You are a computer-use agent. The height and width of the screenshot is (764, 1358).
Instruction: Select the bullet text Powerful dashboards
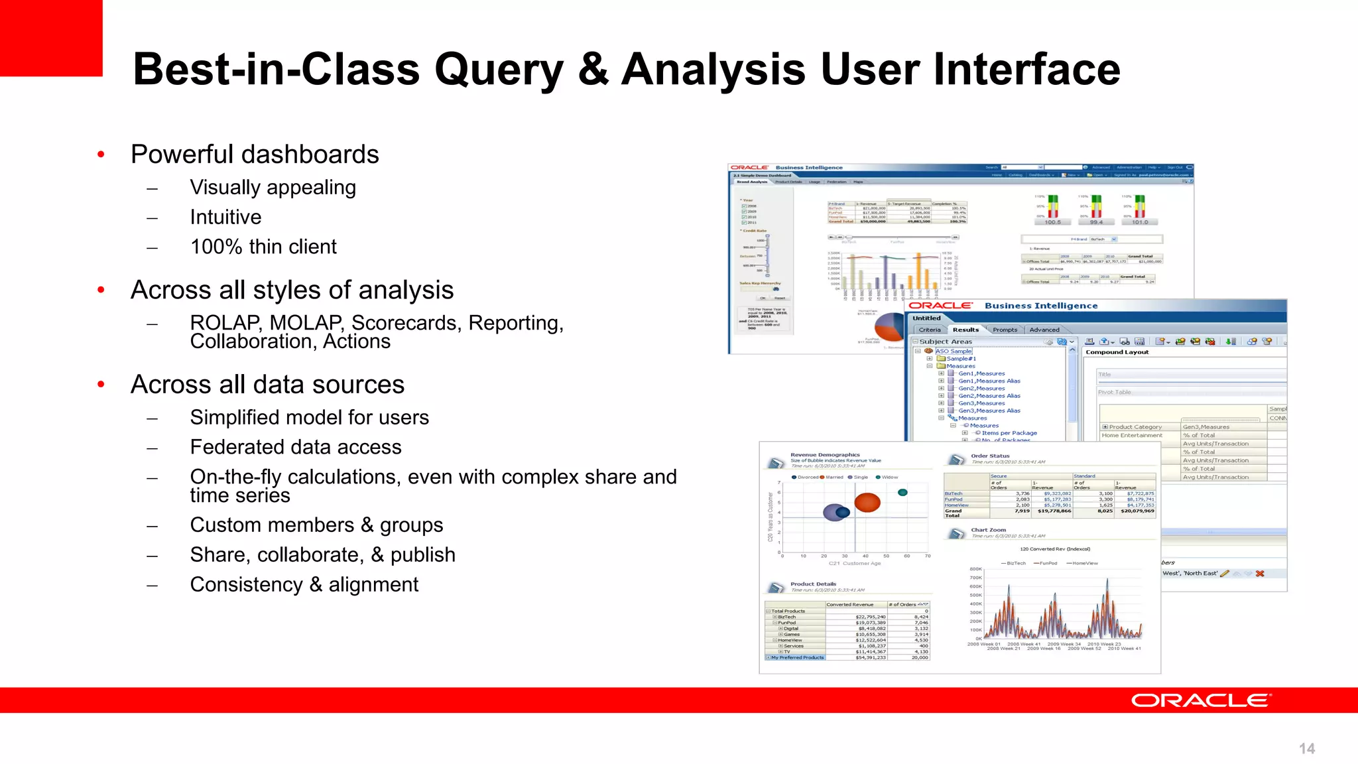pyautogui.click(x=255, y=155)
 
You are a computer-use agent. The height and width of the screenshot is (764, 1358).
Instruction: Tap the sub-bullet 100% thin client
pyautogui.click(x=263, y=247)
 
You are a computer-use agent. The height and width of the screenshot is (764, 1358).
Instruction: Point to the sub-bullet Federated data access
pyautogui.click(x=296, y=447)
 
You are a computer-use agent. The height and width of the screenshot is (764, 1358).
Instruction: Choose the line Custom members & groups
pyautogui.click(x=316, y=525)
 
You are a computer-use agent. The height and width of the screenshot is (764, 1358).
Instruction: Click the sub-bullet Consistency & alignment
pyautogui.click(x=304, y=584)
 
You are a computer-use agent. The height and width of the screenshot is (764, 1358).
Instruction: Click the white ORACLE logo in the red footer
pyautogui.click(x=1200, y=700)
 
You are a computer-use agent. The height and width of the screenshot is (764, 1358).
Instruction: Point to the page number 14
pyautogui.click(x=1306, y=749)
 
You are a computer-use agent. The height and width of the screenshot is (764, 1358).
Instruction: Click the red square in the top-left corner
pyautogui.click(x=50, y=37)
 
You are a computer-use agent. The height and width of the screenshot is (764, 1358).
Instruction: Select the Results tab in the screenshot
pyautogui.click(x=965, y=330)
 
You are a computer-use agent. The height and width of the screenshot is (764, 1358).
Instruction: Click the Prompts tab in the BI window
pyautogui.click(x=1005, y=330)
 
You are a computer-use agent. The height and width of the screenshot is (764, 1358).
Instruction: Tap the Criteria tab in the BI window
pyautogui.click(x=930, y=330)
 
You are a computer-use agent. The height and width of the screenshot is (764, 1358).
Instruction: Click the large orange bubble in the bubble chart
pyautogui.click(x=867, y=503)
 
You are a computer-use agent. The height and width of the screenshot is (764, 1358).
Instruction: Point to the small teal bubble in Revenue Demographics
pyautogui.click(x=902, y=492)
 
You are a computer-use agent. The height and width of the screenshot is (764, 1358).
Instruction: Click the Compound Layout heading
pyautogui.click(x=1117, y=352)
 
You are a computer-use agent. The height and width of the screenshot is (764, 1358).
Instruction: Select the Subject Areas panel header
pyautogui.click(x=946, y=342)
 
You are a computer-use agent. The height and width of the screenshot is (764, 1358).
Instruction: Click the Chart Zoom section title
pyautogui.click(x=988, y=530)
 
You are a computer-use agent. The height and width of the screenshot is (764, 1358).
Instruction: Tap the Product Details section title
pyautogui.click(x=813, y=584)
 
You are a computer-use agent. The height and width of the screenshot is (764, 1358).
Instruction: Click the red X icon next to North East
pyautogui.click(x=1260, y=574)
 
